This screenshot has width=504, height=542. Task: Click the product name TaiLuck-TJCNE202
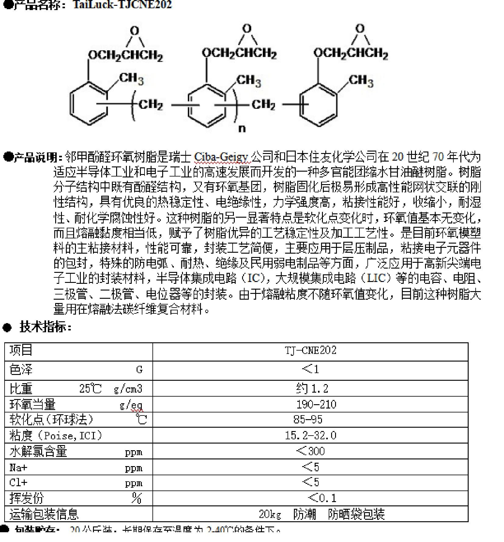tap(123, 5)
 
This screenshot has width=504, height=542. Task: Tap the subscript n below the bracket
tap(242, 129)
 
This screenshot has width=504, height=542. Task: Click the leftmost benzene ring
tap(89, 104)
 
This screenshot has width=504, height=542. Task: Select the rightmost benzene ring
tap(318, 105)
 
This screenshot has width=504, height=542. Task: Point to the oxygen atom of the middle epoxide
tap(247, 29)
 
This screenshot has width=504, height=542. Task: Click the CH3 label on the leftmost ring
tap(131, 79)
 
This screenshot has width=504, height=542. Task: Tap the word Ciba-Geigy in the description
tap(221, 157)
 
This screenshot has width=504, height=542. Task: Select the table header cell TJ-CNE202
tap(310, 351)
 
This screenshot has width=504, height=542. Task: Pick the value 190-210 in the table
tap(316, 405)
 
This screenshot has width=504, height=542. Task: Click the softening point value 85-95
tap(308, 420)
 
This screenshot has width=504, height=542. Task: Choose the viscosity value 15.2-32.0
tap(310, 435)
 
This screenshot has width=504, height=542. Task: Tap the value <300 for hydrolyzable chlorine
tap(310, 451)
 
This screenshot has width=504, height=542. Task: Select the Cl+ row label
tap(18, 483)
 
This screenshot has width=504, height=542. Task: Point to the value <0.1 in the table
tap(322, 498)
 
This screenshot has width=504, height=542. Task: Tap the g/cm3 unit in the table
tap(128, 389)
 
